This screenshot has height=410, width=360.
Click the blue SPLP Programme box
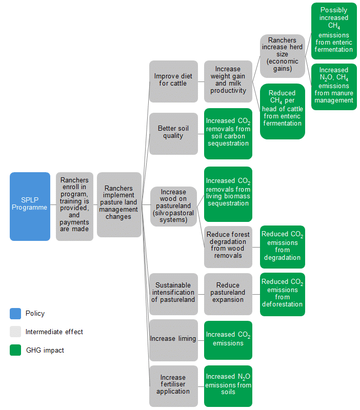tap(30, 207)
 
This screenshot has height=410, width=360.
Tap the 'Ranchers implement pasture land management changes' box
tap(119, 205)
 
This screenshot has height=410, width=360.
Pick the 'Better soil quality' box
tap(173, 133)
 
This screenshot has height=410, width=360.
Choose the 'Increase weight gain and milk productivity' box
tap(228, 81)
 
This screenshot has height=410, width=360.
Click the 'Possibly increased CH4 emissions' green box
tap(334, 31)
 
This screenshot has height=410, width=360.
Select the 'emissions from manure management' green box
tap(334, 86)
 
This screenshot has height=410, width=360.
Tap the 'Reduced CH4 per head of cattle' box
tap(282, 111)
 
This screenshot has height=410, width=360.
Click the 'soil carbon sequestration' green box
tap(228, 133)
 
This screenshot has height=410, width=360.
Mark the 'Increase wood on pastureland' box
tap(173, 207)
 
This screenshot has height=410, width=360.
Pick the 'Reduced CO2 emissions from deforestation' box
tap(282, 293)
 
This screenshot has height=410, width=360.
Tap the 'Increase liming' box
tap(173, 339)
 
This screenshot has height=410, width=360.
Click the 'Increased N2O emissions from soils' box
tap(228, 385)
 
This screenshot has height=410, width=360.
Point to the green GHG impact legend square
tap(15, 351)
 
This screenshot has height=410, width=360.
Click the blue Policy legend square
tap(15, 313)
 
